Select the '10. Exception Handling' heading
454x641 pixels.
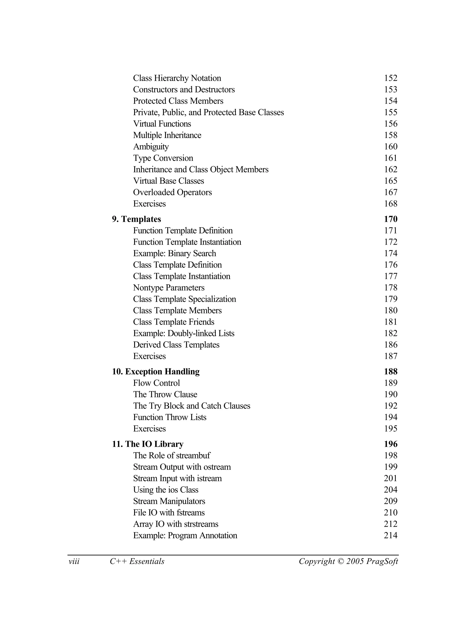156,371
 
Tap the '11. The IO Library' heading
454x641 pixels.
148,444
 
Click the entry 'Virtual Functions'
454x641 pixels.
162,124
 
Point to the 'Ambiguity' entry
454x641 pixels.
151,147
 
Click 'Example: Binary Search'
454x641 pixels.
174,253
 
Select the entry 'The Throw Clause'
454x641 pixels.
165,394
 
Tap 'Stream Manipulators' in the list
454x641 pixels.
169,501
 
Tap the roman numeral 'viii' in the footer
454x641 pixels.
74,561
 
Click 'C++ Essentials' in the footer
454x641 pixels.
137,561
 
